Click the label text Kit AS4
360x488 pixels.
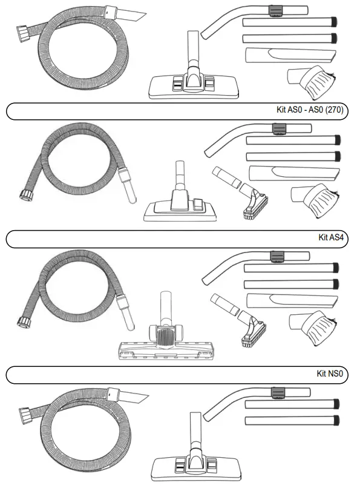click(x=331, y=238)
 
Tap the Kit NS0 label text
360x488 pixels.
click(x=330, y=374)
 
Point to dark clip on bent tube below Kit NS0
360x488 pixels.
click(x=278, y=394)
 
